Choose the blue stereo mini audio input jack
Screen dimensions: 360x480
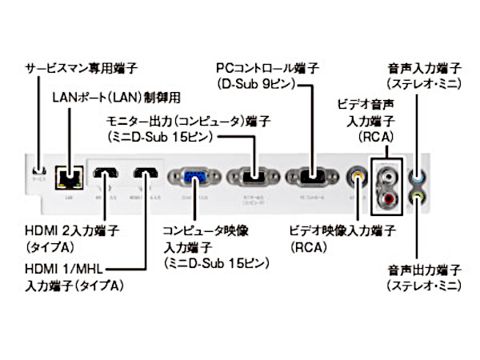[418, 172]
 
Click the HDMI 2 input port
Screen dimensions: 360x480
[106, 174]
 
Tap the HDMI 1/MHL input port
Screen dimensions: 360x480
[146, 174]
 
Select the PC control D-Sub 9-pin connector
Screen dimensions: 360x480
[309, 176]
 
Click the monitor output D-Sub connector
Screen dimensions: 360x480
[250, 176]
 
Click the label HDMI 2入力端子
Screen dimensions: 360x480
[73, 231]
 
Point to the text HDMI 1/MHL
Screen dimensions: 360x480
[64, 269]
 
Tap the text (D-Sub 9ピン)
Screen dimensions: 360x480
[260, 82]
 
